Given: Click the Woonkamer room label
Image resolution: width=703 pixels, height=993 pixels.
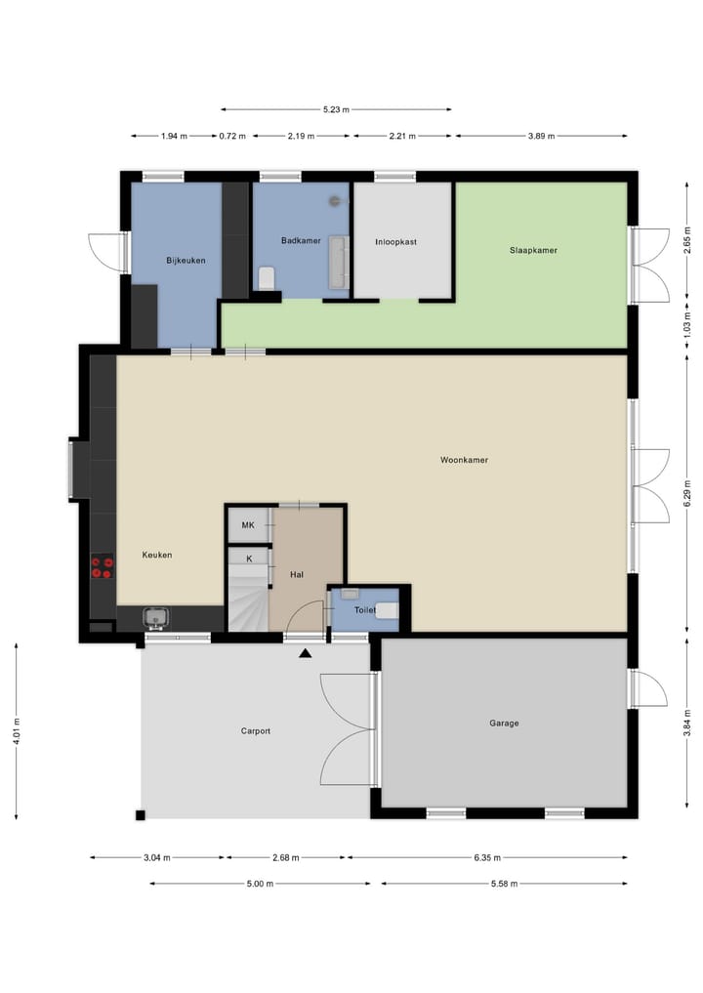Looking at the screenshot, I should pyautogui.click(x=464, y=459).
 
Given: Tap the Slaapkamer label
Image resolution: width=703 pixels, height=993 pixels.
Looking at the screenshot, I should pyautogui.click(x=533, y=250).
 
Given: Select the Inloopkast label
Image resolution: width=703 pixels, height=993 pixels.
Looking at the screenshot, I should pyautogui.click(x=395, y=241).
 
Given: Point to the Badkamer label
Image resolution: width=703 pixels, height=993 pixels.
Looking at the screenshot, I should pyautogui.click(x=301, y=240).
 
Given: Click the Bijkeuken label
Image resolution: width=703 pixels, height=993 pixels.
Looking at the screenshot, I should pyautogui.click(x=186, y=260).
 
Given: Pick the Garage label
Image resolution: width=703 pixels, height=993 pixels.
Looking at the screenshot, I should pyautogui.click(x=504, y=724).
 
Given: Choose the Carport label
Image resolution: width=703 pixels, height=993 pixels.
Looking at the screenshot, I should pyautogui.click(x=256, y=730).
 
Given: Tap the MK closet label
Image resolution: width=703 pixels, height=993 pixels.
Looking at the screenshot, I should pyautogui.click(x=248, y=526).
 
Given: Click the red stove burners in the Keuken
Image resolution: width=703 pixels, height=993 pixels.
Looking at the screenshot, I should pyautogui.click(x=103, y=567).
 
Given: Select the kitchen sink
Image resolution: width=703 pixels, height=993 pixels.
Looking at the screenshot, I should pyautogui.click(x=156, y=617).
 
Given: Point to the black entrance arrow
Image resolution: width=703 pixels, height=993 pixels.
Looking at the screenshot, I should pyautogui.click(x=306, y=653).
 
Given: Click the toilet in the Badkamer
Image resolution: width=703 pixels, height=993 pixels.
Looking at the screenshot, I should pyautogui.click(x=267, y=278).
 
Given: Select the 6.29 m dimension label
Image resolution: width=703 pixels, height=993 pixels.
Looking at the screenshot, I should pyautogui.click(x=687, y=497).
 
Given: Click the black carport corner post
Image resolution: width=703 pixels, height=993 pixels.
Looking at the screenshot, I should pyautogui.click(x=141, y=815).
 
